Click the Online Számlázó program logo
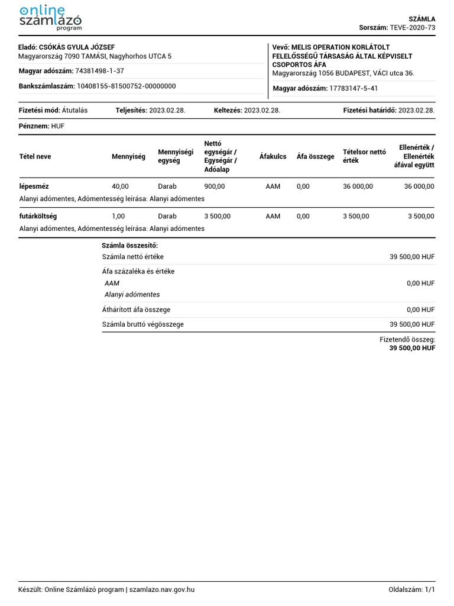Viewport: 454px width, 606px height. point(50,18)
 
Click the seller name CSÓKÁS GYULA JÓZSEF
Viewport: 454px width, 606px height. point(77,47)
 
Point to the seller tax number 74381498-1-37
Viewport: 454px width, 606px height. point(100,71)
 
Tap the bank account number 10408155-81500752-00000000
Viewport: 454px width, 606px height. point(127,86)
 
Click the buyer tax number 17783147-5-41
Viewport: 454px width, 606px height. point(354,88)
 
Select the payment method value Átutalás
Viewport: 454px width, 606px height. point(74,110)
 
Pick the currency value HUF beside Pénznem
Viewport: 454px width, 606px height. point(58,126)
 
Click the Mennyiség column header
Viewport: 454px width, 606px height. point(128,157)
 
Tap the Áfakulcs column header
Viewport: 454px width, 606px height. point(273,157)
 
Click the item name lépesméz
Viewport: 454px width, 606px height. point(34,186)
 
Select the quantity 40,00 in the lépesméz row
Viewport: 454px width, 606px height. point(120,186)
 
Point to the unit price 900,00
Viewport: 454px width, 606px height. point(214,186)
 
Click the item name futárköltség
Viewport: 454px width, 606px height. point(38,216)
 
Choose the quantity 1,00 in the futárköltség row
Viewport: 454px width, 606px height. point(118,216)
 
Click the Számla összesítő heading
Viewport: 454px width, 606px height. point(130,245)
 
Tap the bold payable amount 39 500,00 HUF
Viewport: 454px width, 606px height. point(412,349)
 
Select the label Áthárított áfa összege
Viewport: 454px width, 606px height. point(136,310)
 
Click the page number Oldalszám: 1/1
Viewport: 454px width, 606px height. point(411,589)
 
